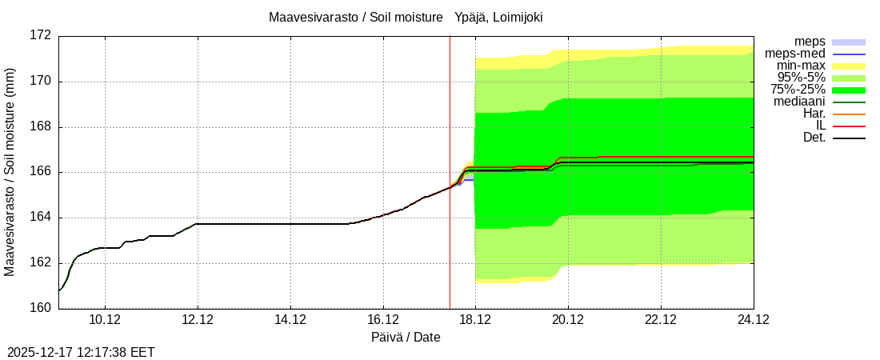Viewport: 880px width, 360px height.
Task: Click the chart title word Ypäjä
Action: tap(474, 17)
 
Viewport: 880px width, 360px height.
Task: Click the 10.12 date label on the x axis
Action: tap(106, 320)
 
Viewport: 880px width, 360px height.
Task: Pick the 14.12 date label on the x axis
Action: tap(290, 320)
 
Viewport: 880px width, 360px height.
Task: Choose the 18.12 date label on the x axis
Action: tap(475, 320)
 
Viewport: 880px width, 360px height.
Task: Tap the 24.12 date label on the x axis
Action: tap(753, 320)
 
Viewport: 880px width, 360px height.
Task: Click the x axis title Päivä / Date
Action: tap(406, 338)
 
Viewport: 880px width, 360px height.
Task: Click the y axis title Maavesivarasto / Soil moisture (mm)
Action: tap(10, 172)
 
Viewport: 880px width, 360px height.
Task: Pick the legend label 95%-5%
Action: tap(801, 78)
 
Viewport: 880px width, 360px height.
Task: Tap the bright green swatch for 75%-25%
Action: tap(849, 90)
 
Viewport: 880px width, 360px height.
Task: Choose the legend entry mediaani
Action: tap(798, 102)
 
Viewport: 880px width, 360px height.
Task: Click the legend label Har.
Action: tap(814, 114)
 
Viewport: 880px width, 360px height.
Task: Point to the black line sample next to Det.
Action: tap(849, 138)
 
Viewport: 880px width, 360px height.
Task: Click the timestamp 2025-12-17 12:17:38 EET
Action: tap(81, 352)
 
